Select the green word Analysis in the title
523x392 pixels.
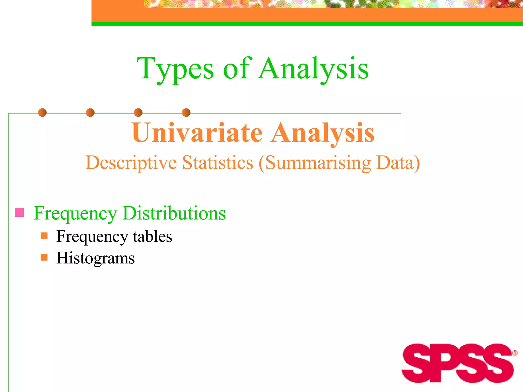point(313,68)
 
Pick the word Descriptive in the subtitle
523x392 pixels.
point(131,163)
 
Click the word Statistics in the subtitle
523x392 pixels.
point(218,162)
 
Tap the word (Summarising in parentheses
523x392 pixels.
point(315,163)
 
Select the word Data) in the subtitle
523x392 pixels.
point(398,163)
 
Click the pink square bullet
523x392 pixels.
point(20,212)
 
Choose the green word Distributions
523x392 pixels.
point(174,213)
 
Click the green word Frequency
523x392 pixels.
point(76,213)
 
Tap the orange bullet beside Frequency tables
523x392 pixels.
point(44,236)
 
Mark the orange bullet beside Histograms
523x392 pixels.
point(44,257)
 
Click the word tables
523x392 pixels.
point(152,236)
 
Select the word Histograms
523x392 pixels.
point(96,258)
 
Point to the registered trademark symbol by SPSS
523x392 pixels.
point(515,353)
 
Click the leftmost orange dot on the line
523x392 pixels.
point(42,113)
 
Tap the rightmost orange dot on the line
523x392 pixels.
point(186,113)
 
